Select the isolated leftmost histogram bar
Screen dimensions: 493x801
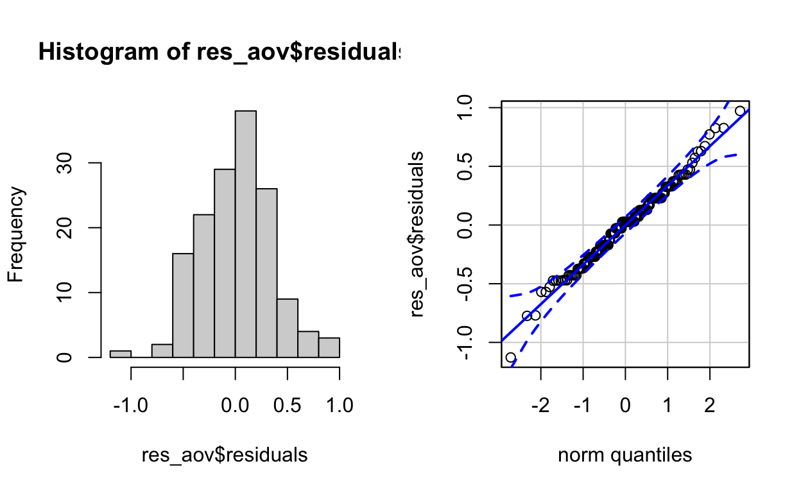pyautogui.click(x=120, y=354)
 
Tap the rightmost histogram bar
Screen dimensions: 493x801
pyautogui.click(x=329, y=347)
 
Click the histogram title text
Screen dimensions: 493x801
pyautogui.click(x=218, y=52)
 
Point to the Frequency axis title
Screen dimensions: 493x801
pyautogui.click(x=17, y=234)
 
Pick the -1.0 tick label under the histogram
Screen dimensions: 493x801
pyautogui.click(x=131, y=406)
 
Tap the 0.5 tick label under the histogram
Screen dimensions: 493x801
pyautogui.click(x=288, y=406)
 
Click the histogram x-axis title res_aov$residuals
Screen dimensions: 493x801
pyautogui.click(x=225, y=455)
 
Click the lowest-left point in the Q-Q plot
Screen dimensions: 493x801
pyautogui.click(x=510, y=358)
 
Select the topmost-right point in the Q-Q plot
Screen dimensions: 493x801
pyautogui.click(x=740, y=111)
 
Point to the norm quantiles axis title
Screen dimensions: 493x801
pyautogui.click(x=624, y=455)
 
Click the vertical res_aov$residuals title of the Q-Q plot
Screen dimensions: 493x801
pyautogui.click(x=418, y=234)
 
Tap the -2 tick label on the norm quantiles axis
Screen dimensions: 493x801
pyautogui.click(x=540, y=406)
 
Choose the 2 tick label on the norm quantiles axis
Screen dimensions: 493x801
pyautogui.click(x=709, y=406)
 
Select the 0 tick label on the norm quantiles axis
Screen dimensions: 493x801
pyautogui.click(x=625, y=406)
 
